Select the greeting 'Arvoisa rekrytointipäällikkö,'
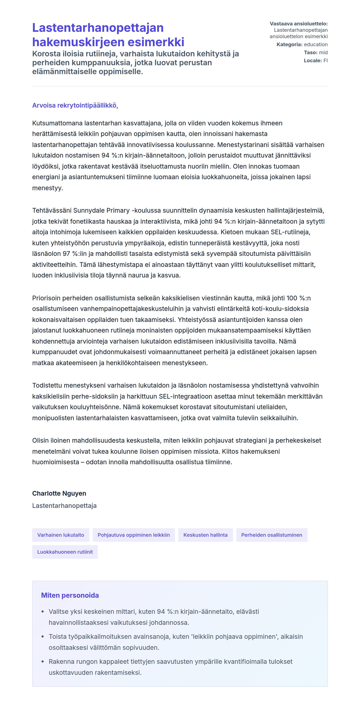pyautogui.click(x=75, y=105)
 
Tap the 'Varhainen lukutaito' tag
pyautogui.click(x=61, y=535)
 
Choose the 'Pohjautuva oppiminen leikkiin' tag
pyautogui.click(x=134, y=535)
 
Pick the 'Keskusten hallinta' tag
pyautogui.click(x=205, y=535)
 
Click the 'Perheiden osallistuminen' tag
pyautogui.click(x=271, y=535)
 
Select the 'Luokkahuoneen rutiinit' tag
pyautogui.click(x=65, y=552)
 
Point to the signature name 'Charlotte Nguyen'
pyautogui.click(x=59, y=493)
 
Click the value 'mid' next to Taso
pyautogui.click(x=323, y=52)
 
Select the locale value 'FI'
pyautogui.click(x=325, y=61)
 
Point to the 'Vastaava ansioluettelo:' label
pyautogui.click(x=299, y=24)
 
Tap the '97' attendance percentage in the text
pyautogui.click(x=66, y=254)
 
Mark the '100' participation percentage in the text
pyautogui.click(x=292, y=298)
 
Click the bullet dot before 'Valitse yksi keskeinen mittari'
pyautogui.click(x=43, y=612)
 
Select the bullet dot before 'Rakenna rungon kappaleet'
pyautogui.click(x=43, y=662)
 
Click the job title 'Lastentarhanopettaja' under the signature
pyautogui.click(x=64, y=506)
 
